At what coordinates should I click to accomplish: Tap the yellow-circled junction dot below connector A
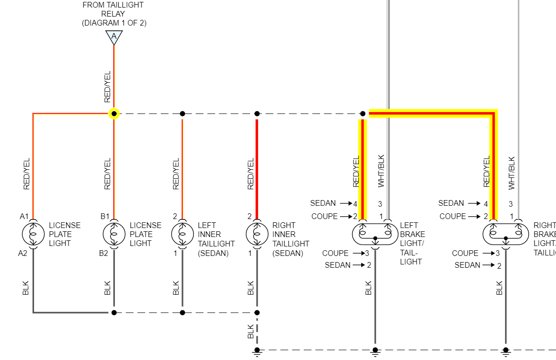click(114, 114)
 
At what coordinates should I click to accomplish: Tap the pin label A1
click(25, 216)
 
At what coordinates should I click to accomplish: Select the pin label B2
click(104, 253)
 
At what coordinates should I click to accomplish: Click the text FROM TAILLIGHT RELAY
click(113, 14)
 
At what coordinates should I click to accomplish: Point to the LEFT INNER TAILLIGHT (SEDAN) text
click(216, 239)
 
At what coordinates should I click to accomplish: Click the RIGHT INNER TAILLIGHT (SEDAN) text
click(290, 239)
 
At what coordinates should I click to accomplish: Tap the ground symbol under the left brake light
click(375, 351)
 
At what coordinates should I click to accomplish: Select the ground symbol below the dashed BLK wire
click(257, 351)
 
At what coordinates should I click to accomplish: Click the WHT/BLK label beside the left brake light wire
click(382, 171)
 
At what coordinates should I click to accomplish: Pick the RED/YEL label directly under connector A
click(107, 87)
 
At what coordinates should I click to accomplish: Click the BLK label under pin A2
click(26, 288)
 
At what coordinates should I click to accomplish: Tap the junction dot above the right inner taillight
click(257, 114)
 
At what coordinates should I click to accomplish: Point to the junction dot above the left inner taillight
click(182, 114)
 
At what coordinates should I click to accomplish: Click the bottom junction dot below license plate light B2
click(114, 312)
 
